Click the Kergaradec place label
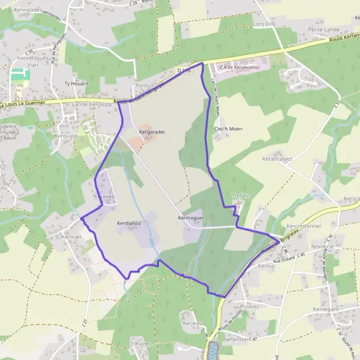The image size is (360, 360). pyautogui.click(x=152, y=131)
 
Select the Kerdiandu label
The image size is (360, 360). pyautogui.click(x=128, y=223)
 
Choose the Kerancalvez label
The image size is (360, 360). pyautogui.click(x=277, y=159)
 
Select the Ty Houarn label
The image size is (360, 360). pyautogui.click(x=76, y=83)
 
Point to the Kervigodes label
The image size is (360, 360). pyautogui.click(x=17, y=10)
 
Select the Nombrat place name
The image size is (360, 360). pyautogui.click(x=322, y=247)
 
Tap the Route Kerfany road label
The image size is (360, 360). pyautogui.click(x=344, y=39)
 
